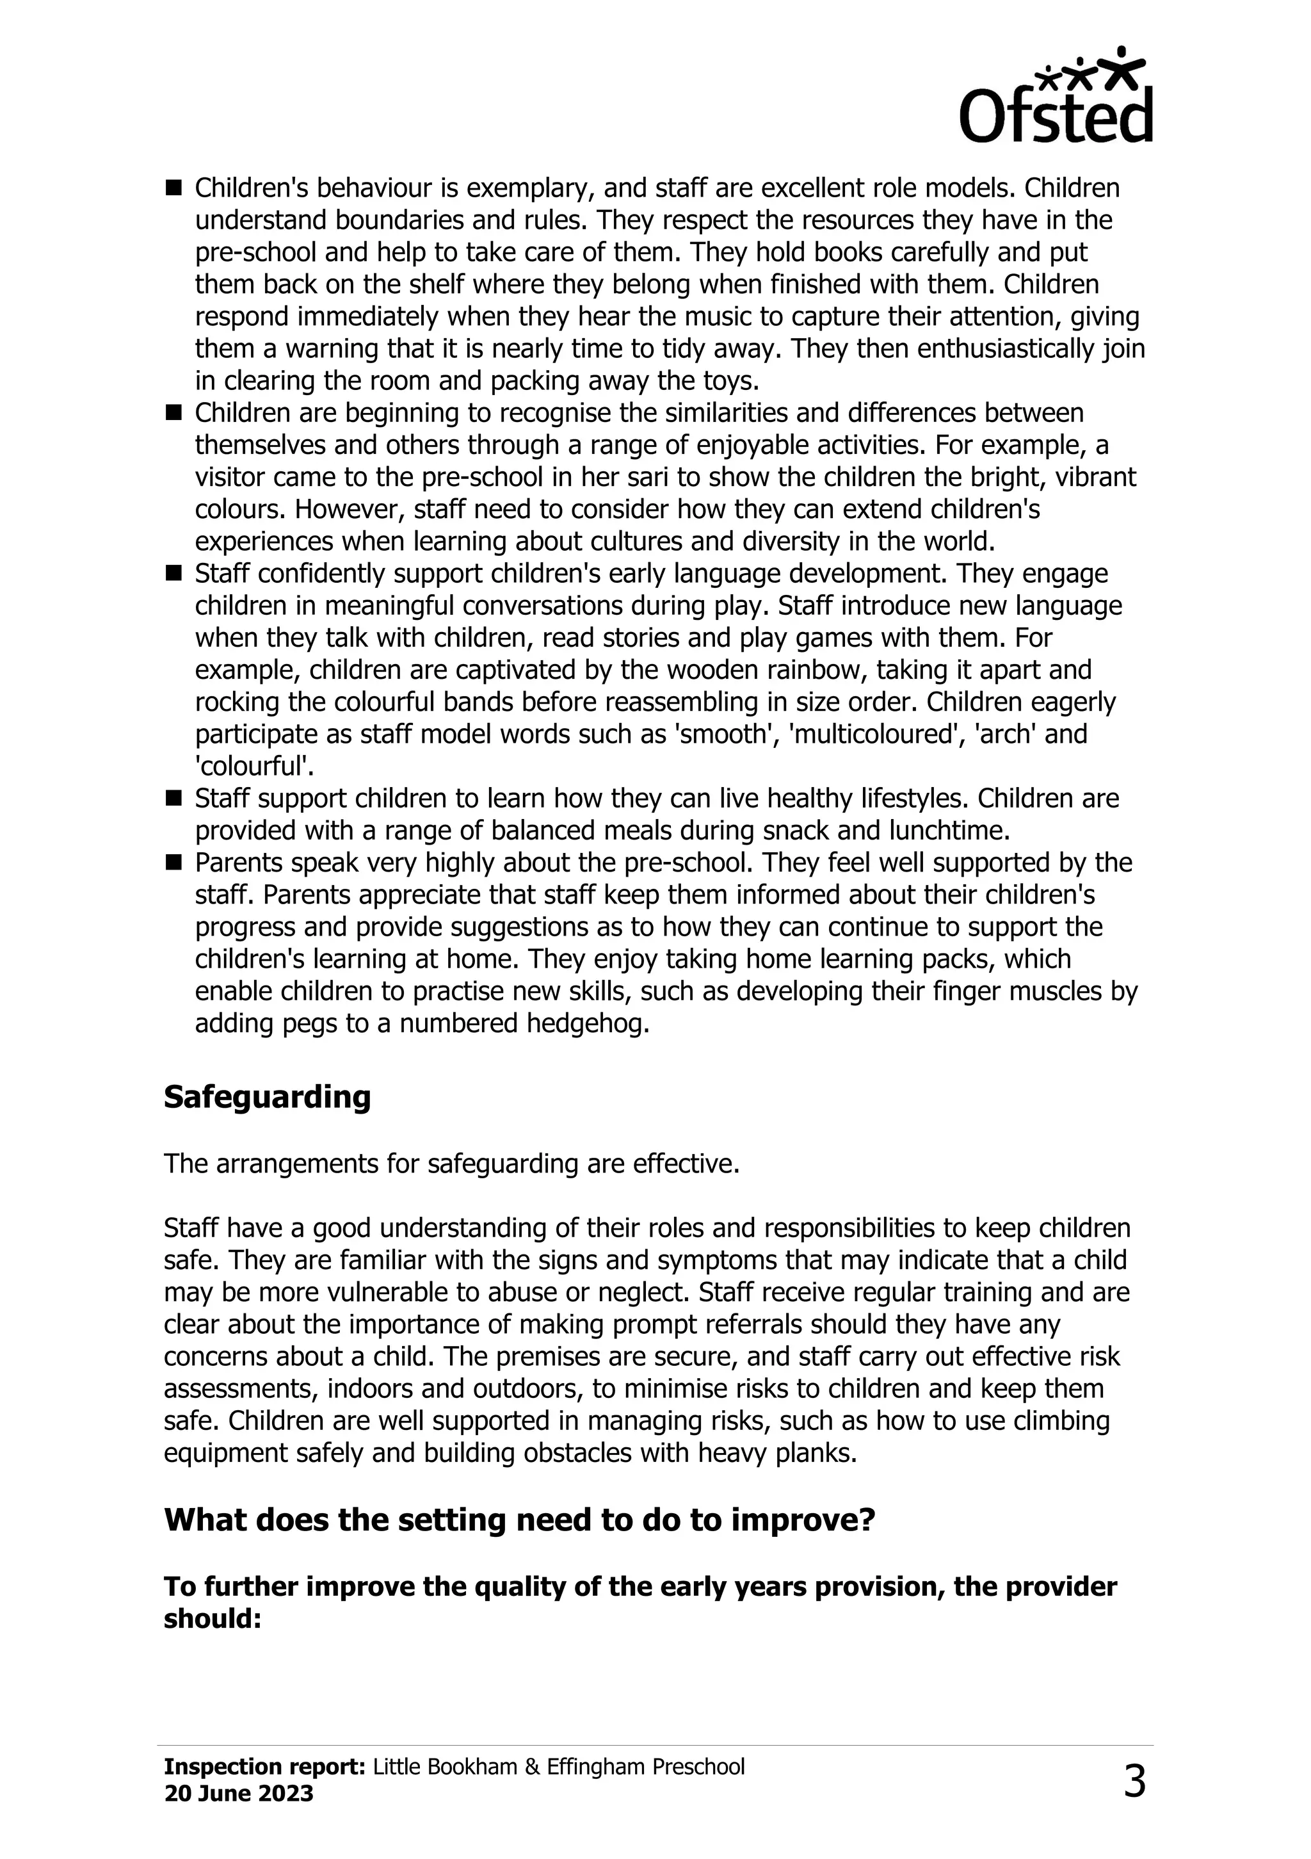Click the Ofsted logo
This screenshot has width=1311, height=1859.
(x=1056, y=95)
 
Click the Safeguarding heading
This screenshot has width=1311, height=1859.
(x=267, y=1096)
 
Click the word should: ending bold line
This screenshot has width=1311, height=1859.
(x=213, y=1618)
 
